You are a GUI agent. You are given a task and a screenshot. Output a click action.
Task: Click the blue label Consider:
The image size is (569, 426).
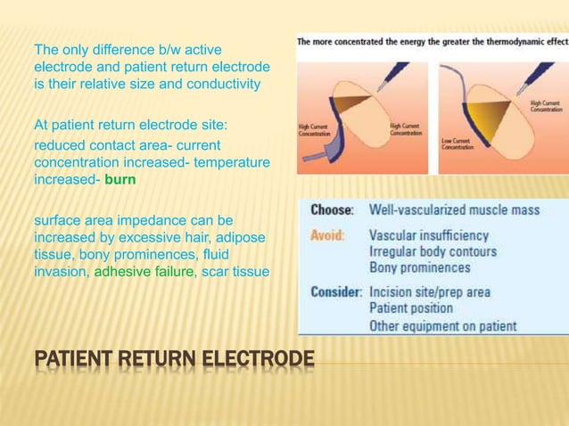pos(335,291)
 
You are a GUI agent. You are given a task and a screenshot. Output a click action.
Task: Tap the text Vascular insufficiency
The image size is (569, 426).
pos(429,236)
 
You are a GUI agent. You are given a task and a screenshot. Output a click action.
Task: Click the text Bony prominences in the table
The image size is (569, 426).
pos(420,267)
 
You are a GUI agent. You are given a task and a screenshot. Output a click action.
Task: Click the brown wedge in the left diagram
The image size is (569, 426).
pos(350,102)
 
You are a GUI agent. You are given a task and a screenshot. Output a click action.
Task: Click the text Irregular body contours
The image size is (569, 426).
pos(433,252)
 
